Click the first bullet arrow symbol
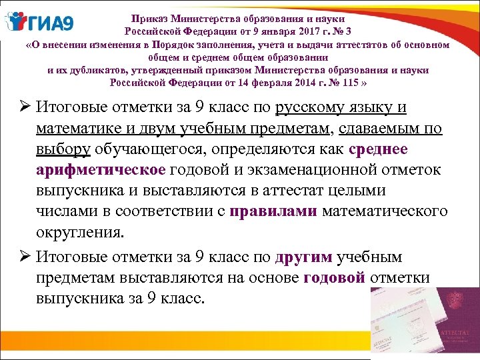[x=19, y=108]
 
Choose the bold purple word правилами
[x=273, y=212]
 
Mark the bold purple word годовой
[x=334, y=278]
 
